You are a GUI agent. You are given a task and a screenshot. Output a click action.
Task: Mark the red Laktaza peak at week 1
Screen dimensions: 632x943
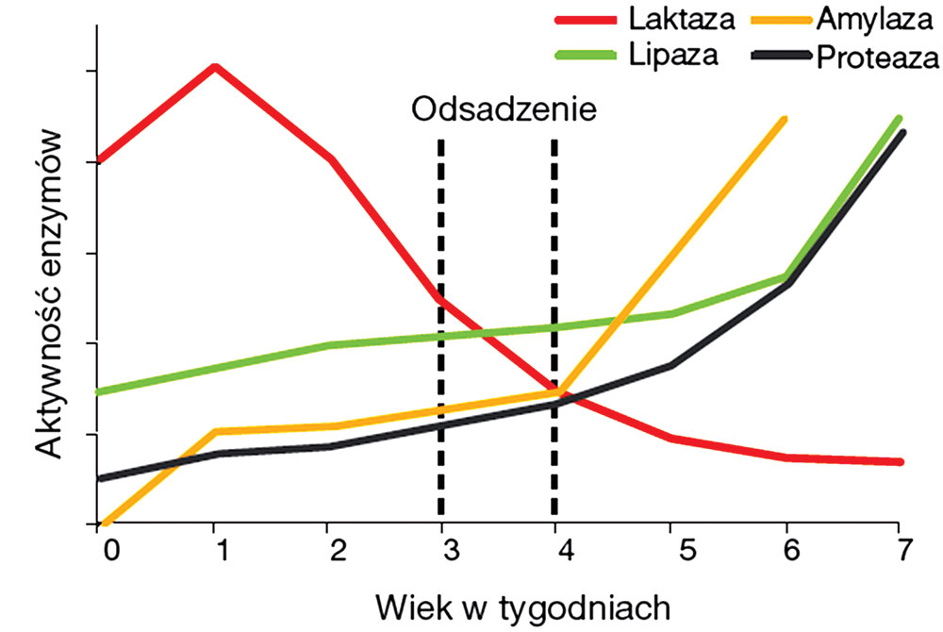coord(215,67)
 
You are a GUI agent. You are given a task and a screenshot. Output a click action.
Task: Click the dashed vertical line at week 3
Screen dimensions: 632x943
coord(440,330)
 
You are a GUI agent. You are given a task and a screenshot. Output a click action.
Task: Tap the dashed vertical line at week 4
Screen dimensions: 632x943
coord(554,330)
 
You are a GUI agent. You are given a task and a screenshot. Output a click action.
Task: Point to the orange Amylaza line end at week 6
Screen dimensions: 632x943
coord(784,120)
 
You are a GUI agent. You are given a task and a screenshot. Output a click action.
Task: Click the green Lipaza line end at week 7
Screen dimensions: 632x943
coord(900,118)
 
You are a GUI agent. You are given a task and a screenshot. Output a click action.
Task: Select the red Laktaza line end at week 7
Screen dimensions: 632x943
coord(901,461)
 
